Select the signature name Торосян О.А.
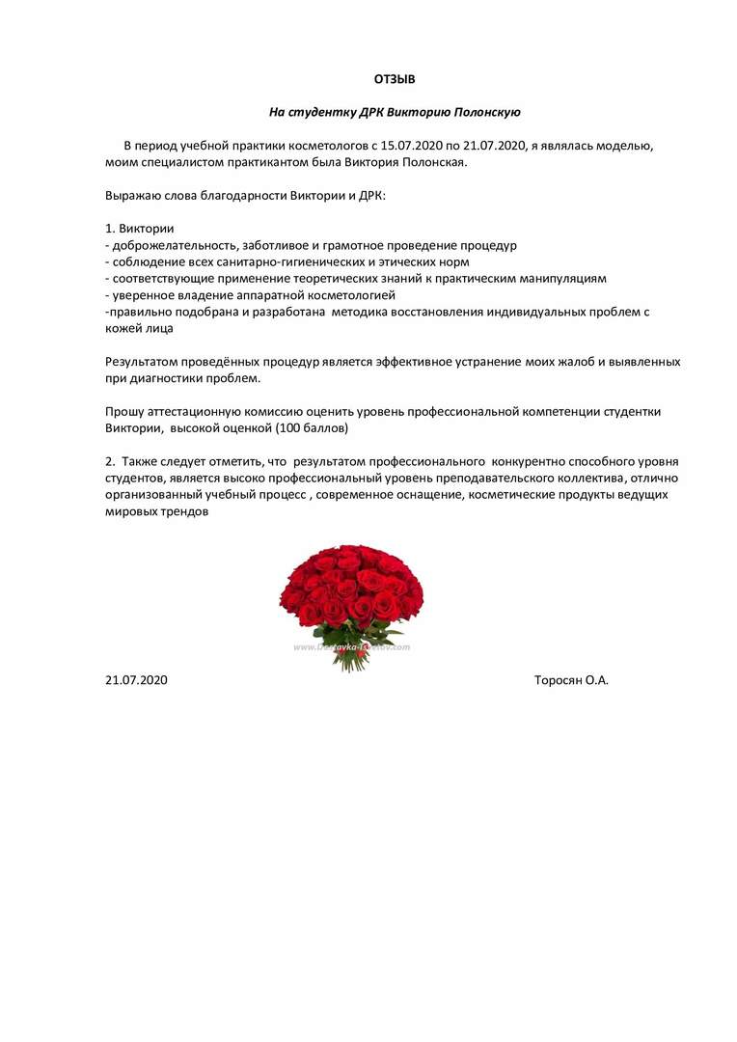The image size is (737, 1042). [571, 680]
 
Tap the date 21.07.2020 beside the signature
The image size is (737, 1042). [136, 680]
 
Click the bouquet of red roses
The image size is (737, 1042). [352, 598]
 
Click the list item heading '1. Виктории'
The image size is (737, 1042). [139, 229]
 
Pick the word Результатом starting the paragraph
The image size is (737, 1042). [144, 361]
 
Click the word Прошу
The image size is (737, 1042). [124, 411]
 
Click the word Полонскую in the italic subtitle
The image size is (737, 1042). [483, 112]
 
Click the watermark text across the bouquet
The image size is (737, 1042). [352, 647]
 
